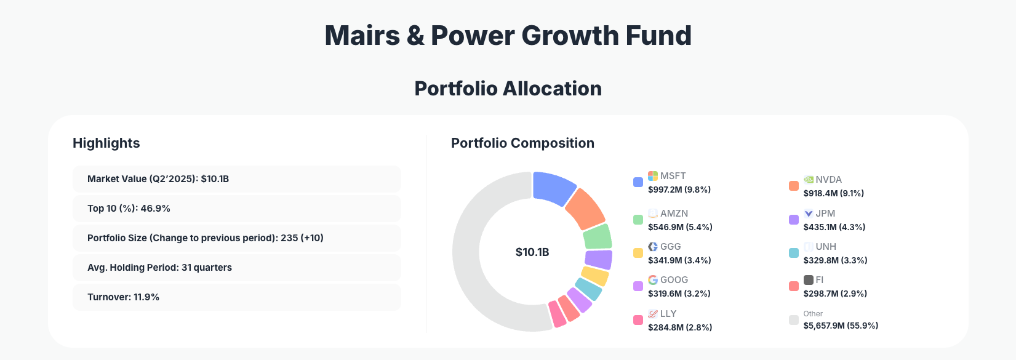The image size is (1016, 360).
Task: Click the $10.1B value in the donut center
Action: click(x=532, y=252)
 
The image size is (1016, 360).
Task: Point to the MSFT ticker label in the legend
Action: click(x=673, y=176)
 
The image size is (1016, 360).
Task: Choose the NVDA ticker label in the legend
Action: click(x=828, y=180)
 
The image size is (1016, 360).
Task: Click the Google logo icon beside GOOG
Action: click(x=653, y=280)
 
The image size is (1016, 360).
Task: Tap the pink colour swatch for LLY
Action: click(x=638, y=320)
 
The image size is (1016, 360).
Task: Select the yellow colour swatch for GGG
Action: click(x=638, y=253)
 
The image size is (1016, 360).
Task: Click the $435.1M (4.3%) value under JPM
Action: click(x=834, y=227)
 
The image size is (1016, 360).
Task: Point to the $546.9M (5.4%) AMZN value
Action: click(x=680, y=227)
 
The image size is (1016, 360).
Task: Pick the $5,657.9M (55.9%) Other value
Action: click(x=841, y=326)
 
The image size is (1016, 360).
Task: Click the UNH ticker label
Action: click(x=826, y=247)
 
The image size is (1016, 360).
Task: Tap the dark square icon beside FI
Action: click(x=809, y=280)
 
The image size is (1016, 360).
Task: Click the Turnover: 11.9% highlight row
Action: click(x=237, y=297)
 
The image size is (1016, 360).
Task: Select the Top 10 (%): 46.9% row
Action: click(x=237, y=209)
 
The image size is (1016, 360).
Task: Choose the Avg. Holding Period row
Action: click(x=237, y=268)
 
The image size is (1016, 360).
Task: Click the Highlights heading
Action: click(x=106, y=143)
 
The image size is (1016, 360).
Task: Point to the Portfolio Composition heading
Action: click(x=522, y=143)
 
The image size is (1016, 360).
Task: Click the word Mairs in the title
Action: click(x=362, y=36)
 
